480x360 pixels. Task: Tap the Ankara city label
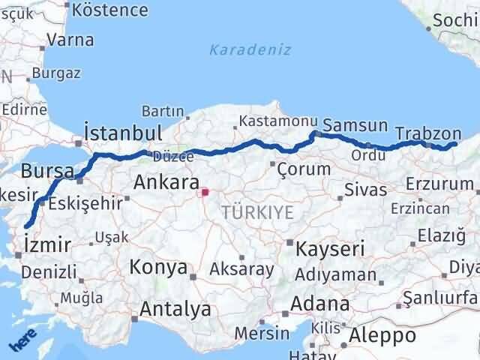166,182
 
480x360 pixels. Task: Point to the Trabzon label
421,133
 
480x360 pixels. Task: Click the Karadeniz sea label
240,50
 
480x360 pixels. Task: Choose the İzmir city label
47,244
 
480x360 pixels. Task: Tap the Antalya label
175,309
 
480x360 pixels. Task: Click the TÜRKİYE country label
257,213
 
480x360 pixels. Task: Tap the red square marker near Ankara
205,192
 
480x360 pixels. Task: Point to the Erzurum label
439,184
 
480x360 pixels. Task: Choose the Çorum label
304,169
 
